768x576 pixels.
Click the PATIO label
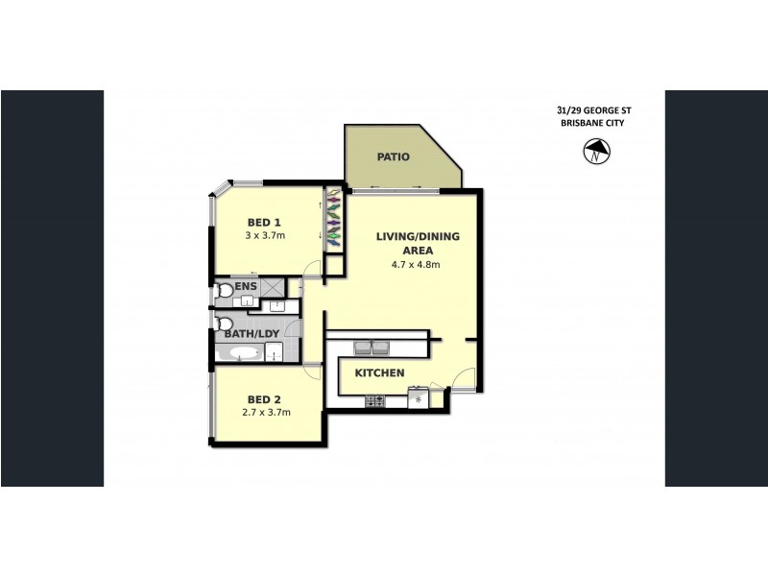[394, 156]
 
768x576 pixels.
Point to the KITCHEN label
[380, 372]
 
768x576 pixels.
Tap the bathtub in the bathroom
[237, 354]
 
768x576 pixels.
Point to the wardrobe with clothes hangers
[333, 219]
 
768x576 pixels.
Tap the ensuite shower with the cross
[274, 286]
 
